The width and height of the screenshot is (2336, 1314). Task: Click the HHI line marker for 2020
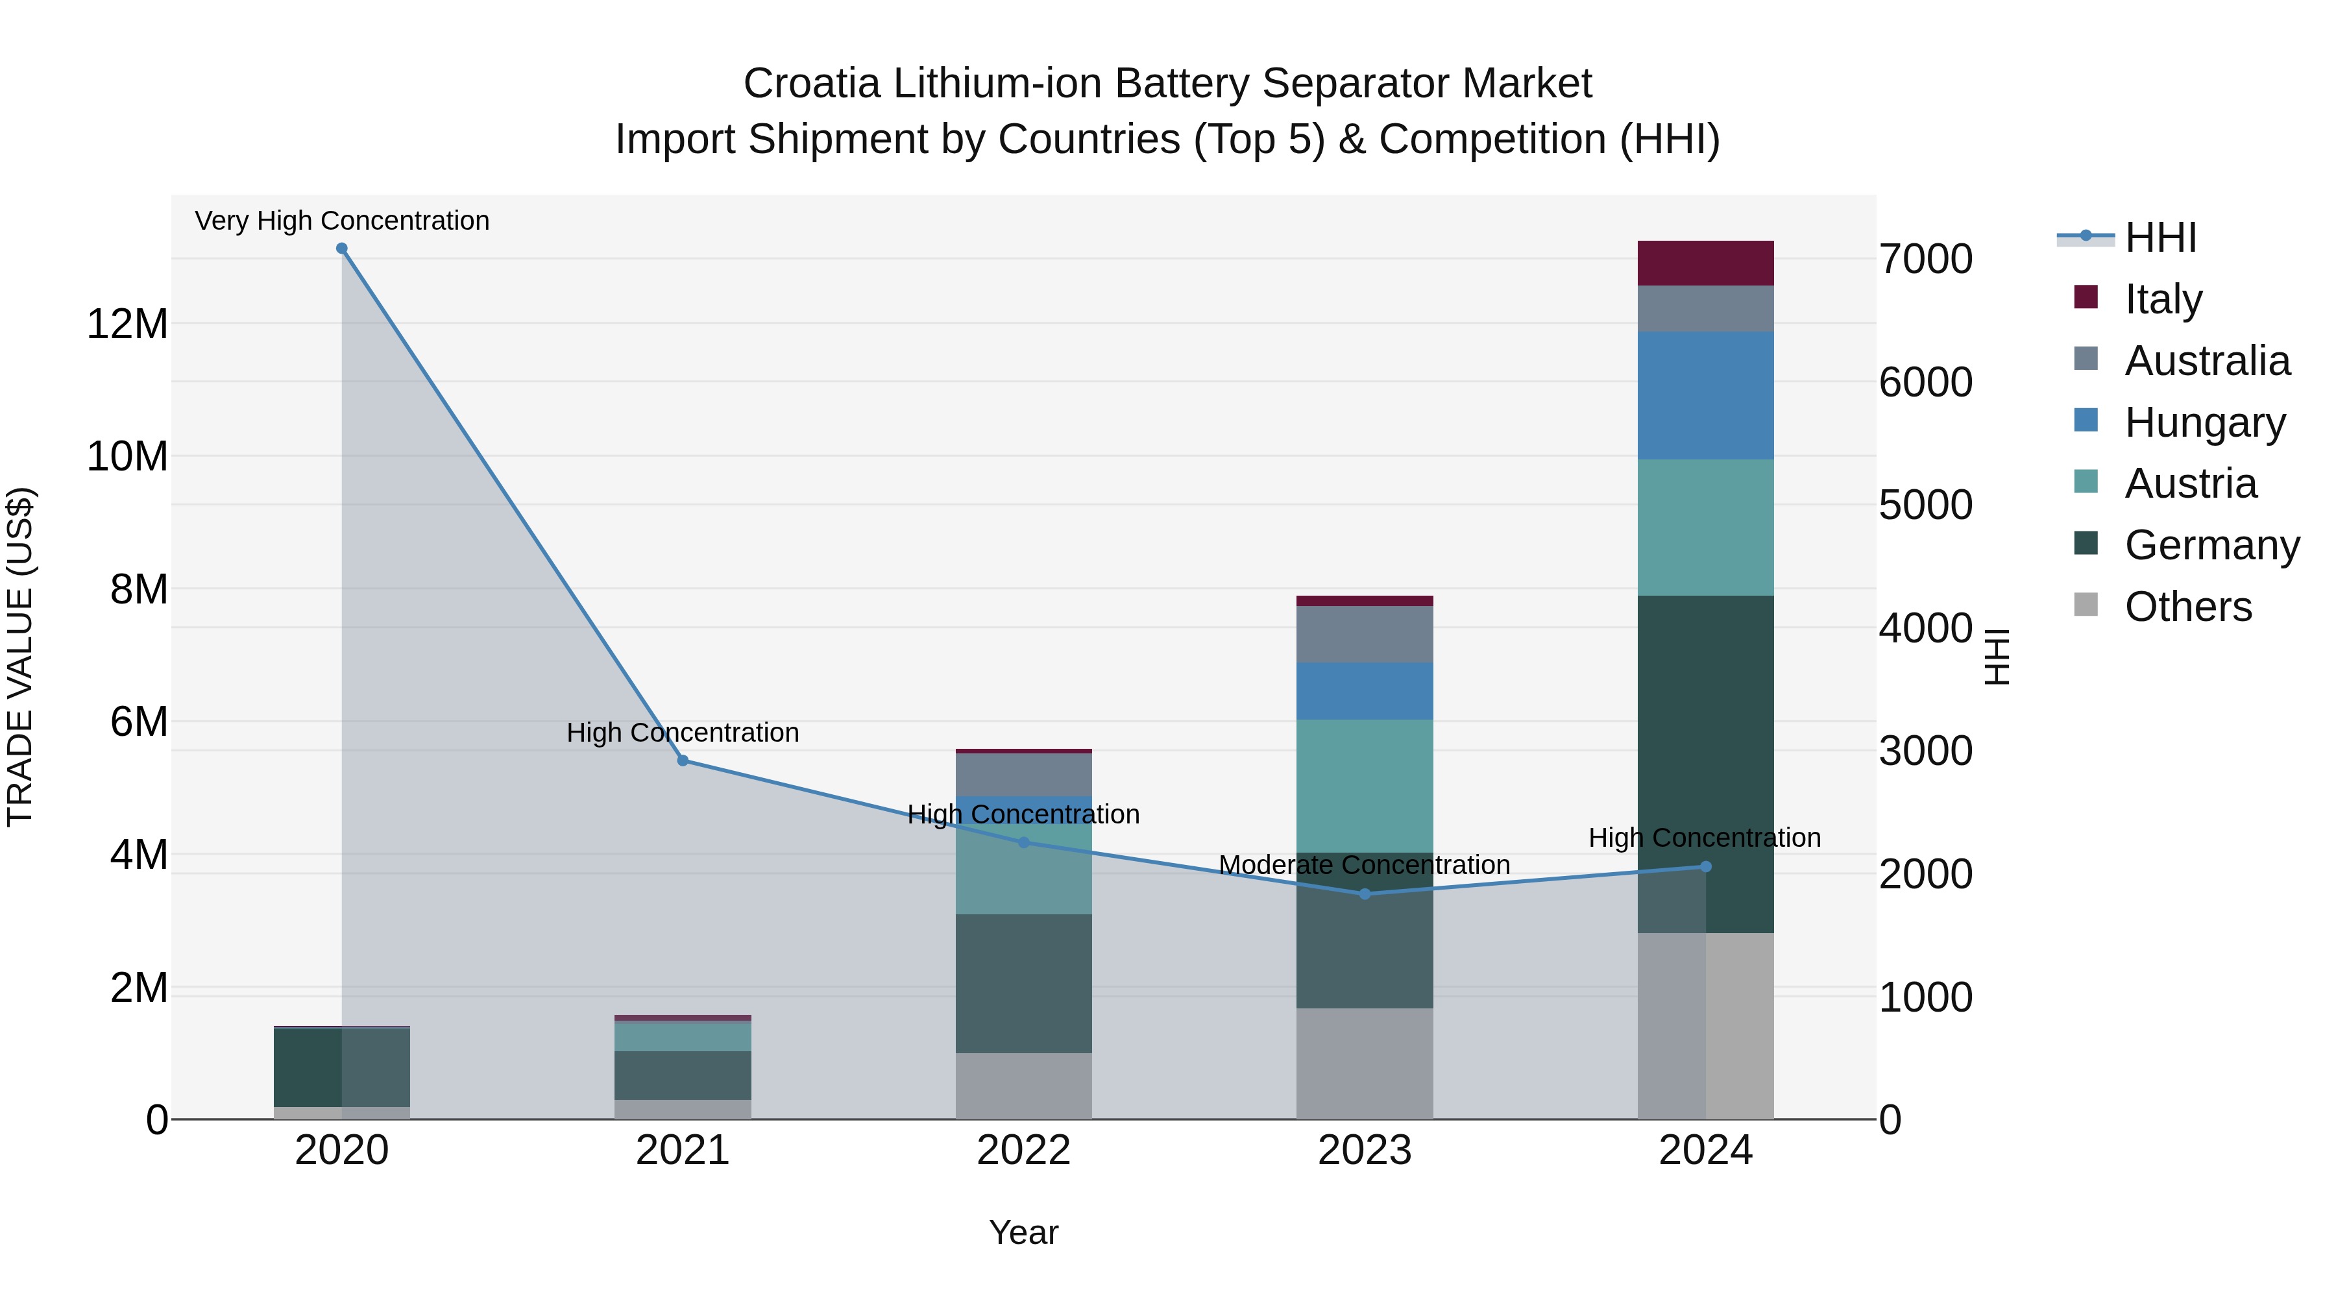(342, 249)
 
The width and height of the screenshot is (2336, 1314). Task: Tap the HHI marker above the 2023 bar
(1365, 894)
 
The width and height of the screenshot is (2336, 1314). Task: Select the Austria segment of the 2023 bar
(1365, 785)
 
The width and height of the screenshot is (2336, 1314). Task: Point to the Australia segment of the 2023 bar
(1365, 634)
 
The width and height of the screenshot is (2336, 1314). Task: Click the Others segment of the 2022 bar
(1024, 1086)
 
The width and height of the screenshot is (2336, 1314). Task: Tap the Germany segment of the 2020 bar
(308, 1066)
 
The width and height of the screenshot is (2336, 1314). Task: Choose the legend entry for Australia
(2206, 361)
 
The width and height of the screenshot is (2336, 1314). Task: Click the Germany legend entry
(2211, 545)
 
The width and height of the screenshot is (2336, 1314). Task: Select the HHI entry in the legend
(2159, 237)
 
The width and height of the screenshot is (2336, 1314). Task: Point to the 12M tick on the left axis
(127, 324)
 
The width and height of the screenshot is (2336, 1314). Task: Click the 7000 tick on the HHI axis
(1925, 260)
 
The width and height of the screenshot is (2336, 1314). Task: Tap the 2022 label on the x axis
(1024, 1150)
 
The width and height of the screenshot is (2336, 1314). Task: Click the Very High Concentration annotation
(342, 221)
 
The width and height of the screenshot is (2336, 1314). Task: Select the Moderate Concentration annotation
(1364, 865)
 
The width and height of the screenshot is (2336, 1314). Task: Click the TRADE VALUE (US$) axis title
(20, 657)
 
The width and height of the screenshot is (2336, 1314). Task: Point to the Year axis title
(1024, 1232)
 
